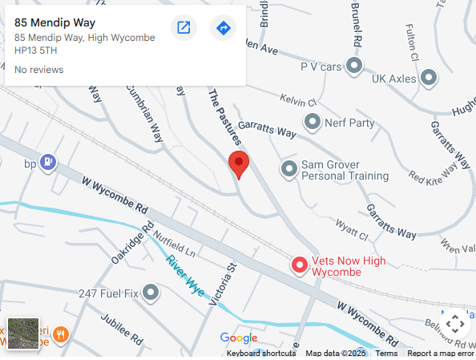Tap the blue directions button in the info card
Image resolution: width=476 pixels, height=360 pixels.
pyautogui.click(x=224, y=28)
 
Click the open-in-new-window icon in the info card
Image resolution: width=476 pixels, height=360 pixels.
pyautogui.click(x=184, y=28)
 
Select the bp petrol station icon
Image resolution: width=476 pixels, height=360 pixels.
pyautogui.click(x=49, y=162)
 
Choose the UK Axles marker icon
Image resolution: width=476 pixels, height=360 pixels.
pyautogui.click(x=429, y=78)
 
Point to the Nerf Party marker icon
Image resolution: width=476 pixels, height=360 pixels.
pyautogui.click(x=313, y=123)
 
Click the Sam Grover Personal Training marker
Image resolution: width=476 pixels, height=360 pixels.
pyautogui.click(x=288, y=168)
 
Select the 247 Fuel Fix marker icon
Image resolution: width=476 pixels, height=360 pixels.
pyautogui.click(x=151, y=293)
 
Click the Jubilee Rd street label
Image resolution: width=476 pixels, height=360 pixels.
pyautogui.click(x=121, y=328)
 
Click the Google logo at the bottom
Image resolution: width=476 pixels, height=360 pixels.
pyautogui.click(x=239, y=338)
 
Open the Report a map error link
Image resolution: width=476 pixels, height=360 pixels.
pyautogui.click(x=441, y=354)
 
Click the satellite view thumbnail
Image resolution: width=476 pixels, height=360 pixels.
pyautogui.click(x=23, y=334)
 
